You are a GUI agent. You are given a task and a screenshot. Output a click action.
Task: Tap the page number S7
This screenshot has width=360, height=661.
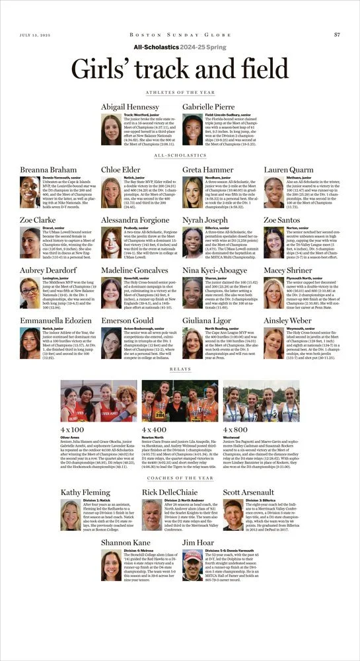(336, 34)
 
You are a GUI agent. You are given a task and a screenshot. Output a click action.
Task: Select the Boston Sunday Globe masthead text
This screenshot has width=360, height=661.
(180, 34)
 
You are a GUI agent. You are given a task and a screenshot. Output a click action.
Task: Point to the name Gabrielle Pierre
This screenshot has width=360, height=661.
(208, 106)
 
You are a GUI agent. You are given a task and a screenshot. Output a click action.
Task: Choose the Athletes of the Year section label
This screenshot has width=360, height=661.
(180, 93)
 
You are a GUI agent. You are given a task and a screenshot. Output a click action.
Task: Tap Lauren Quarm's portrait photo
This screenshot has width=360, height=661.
(273, 192)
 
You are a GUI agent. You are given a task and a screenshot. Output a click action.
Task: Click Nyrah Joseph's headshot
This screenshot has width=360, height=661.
(192, 243)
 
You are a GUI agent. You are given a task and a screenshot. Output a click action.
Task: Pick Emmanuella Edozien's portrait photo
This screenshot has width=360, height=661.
(30, 343)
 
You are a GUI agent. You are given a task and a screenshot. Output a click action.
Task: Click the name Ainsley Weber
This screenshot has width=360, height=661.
(288, 321)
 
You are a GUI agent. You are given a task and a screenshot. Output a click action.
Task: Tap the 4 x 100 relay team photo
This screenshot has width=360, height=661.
(98, 401)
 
